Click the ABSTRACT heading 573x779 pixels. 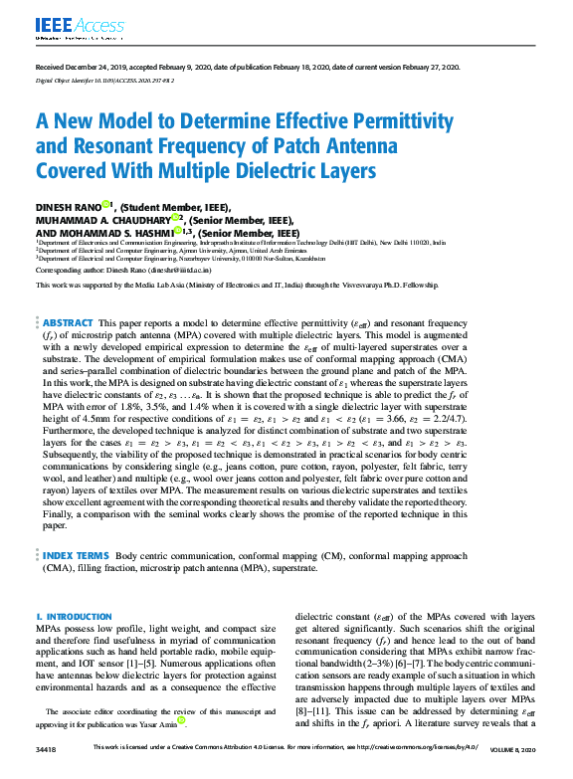[68, 323]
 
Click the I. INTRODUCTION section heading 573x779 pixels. [74, 618]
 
